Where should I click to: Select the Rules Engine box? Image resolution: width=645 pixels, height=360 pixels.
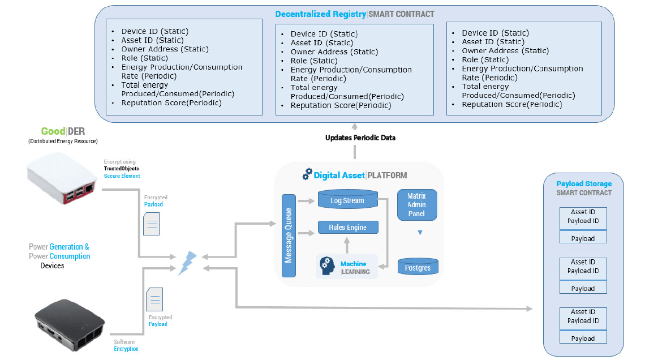348,228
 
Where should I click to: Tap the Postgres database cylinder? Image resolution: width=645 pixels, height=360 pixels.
418,267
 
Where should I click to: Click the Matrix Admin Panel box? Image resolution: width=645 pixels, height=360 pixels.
416,205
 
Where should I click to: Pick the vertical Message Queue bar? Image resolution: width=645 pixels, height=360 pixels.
289,235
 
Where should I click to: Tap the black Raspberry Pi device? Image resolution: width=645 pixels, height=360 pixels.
69,322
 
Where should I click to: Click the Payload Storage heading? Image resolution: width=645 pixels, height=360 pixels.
584,184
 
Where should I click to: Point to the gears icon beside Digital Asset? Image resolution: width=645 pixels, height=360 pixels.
307,174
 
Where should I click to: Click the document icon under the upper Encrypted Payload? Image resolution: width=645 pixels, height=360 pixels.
151,224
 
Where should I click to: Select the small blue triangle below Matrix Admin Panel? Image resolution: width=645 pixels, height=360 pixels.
420,233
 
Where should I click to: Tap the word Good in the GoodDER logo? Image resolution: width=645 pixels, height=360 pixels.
53,131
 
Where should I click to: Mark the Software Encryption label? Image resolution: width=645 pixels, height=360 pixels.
126,345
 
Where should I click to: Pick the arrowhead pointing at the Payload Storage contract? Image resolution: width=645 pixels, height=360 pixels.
530,308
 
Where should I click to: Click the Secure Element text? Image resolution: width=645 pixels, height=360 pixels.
122,176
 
